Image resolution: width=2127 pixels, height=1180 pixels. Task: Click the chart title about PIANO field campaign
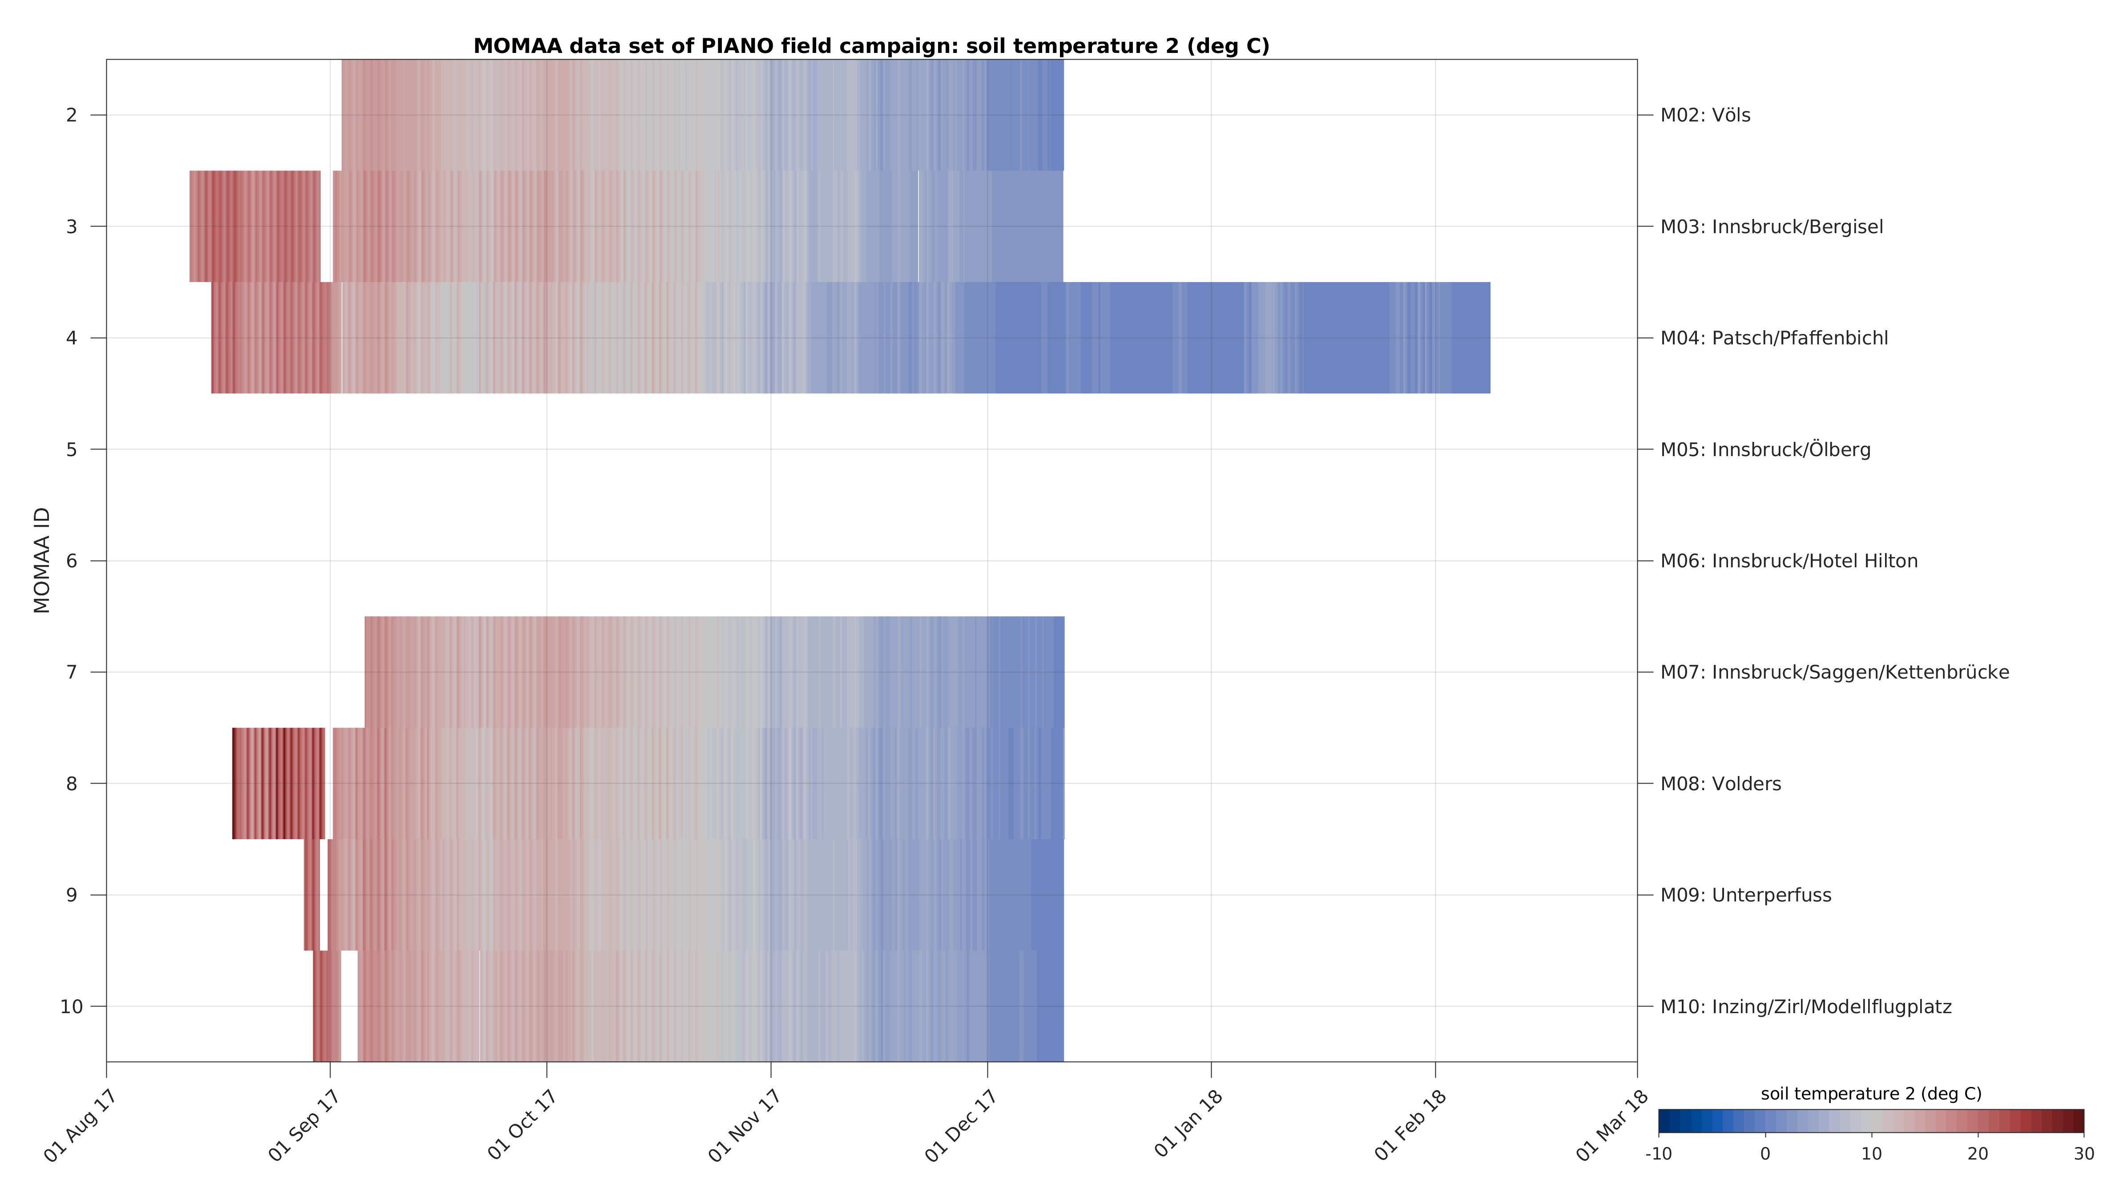point(871,46)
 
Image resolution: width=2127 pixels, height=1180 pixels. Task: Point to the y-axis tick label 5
point(72,450)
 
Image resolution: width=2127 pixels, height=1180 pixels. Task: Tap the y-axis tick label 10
point(72,1006)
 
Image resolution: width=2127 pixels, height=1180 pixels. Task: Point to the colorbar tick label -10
point(1658,1154)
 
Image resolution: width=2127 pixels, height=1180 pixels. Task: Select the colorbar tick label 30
point(2083,1154)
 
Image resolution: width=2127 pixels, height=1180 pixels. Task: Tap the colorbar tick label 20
point(1978,1154)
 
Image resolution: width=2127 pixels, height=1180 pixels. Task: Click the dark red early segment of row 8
point(278,783)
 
